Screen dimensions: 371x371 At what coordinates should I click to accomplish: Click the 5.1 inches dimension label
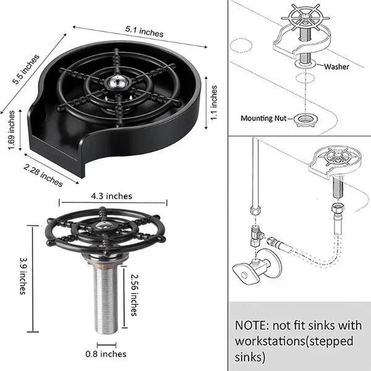tap(144, 32)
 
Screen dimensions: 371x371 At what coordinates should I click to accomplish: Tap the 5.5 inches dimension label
tap(25, 69)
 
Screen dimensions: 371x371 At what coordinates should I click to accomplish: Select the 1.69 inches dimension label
tap(11, 130)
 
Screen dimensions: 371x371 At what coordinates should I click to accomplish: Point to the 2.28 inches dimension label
tap(43, 176)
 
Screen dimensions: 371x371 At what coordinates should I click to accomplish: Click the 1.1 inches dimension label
tap(214, 103)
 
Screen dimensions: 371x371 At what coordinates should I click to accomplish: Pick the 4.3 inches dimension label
tap(111, 196)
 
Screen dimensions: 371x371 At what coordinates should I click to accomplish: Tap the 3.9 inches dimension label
tap(23, 276)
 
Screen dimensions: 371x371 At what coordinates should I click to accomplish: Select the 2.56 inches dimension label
tap(134, 295)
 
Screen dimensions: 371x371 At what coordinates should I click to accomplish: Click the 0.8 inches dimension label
tap(106, 354)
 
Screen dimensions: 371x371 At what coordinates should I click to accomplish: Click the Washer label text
tap(336, 67)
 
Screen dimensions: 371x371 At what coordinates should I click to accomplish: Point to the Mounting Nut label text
tap(263, 118)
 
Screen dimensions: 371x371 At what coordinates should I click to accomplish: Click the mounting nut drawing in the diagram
tap(306, 120)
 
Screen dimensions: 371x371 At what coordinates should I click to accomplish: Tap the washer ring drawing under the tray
tap(305, 64)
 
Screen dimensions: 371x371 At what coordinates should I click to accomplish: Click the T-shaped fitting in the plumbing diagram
tap(256, 236)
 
